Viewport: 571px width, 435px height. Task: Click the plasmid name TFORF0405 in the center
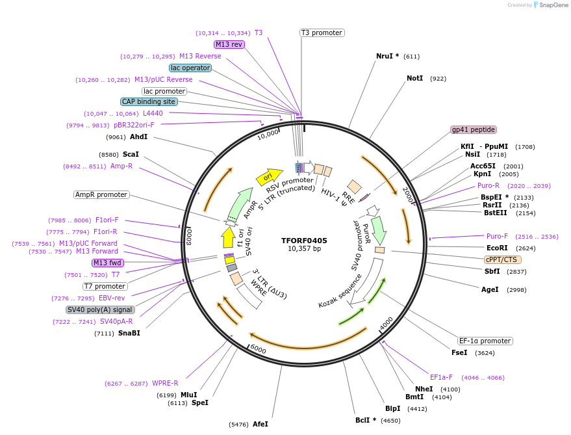304,241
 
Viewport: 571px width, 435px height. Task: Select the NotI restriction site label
414,78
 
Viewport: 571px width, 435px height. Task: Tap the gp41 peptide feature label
474,129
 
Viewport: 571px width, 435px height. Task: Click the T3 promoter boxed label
322,33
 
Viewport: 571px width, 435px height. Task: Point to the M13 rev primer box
229,44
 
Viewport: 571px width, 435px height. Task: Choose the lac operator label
190,68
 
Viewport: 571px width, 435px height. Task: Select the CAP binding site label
149,101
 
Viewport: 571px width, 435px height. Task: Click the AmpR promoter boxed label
101,194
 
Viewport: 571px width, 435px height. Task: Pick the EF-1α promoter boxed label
485,341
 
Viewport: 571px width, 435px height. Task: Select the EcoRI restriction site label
497,248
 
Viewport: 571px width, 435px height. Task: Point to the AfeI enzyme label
260,424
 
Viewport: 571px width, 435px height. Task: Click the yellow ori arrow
269,176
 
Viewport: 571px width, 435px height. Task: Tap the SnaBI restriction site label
129,333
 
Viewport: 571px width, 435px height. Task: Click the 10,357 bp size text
304,249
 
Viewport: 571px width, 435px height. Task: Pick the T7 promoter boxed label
105,286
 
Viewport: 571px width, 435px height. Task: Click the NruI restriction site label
387,56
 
